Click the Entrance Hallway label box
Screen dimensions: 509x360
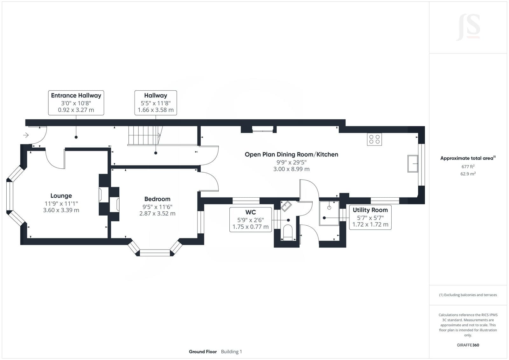(x=76, y=103)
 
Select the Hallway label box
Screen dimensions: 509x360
(x=156, y=103)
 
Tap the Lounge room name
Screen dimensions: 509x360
(x=61, y=195)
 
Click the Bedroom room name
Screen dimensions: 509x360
(x=157, y=199)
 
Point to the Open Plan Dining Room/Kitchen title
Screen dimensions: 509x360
(x=291, y=154)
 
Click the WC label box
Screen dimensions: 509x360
(x=251, y=220)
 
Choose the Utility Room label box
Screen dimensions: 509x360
(x=370, y=217)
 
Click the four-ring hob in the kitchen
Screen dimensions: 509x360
(x=374, y=139)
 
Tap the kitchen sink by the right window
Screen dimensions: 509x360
(x=413, y=164)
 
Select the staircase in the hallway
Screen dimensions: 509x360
(x=145, y=135)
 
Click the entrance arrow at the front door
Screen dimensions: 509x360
(x=26, y=135)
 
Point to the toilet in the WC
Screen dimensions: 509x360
(x=288, y=232)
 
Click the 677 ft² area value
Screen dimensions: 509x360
(x=468, y=166)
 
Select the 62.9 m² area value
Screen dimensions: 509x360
(x=468, y=174)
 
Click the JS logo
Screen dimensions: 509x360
(x=468, y=27)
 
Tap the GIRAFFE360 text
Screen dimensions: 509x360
(x=468, y=345)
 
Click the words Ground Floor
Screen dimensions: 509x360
(x=203, y=352)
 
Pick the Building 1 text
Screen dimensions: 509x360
(x=231, y=352)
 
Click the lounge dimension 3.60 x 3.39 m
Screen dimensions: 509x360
(x=61, y=210)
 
